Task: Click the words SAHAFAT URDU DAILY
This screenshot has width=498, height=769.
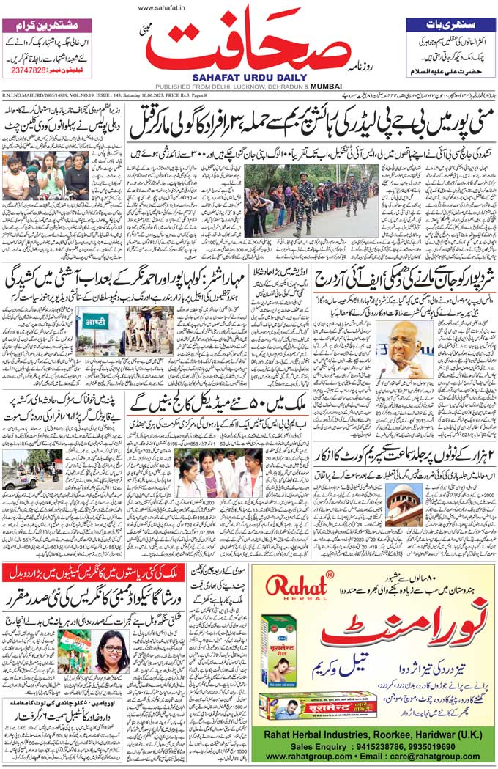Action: pos(248,76)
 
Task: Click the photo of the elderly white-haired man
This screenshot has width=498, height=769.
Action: pos(404,350)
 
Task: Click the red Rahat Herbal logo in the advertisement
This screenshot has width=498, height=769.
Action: pos(289,587)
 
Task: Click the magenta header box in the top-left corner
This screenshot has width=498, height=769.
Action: pos(48,25)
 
